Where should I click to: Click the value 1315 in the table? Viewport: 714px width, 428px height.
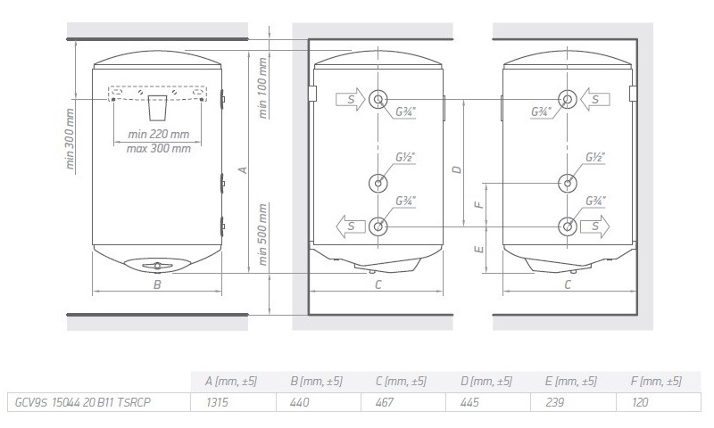(x=217, y=402)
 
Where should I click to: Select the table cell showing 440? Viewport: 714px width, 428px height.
(x=300, y=402)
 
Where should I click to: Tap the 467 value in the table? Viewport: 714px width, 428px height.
(x=386, y=402)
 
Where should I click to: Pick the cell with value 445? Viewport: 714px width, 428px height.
(x=470, y=402)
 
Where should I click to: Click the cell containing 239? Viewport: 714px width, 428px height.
(x=554, y=402)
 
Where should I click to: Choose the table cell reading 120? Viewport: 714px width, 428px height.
(x=640, y=402)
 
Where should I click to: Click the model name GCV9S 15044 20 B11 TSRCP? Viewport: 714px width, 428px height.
(x=82, y=402)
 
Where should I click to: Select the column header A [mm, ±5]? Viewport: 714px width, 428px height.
(x=231, y=381)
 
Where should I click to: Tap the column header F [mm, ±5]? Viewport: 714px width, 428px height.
(x=656, y=381)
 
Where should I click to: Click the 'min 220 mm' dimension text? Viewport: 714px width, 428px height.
(x=159, y=134)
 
